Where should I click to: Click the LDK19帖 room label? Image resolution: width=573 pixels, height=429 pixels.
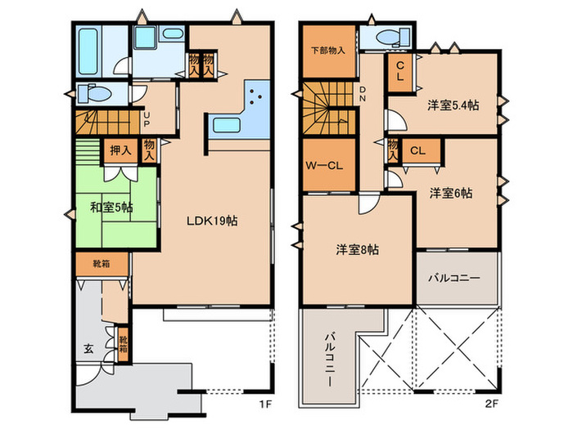(x=212, y=221)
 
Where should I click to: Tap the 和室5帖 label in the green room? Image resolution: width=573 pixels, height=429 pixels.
(x=111, y=208)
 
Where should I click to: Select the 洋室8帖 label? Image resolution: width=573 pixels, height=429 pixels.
(x=357, y=249)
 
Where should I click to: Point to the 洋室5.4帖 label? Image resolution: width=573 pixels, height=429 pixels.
(x=453, y=105)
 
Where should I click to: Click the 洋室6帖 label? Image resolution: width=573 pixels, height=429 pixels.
(x=450, y=193)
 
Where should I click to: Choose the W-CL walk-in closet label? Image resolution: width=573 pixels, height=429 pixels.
(x=324, y=166)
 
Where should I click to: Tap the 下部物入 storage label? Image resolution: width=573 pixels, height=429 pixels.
(x=327, y=51)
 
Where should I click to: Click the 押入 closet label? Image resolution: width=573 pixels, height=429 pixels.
(x=120, y=150)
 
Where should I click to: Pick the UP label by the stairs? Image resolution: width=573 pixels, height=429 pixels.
(x=147, y=119)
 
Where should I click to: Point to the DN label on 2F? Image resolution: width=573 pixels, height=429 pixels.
(x=362, y=94)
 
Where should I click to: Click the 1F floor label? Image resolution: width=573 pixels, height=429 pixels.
(x=265, y=404)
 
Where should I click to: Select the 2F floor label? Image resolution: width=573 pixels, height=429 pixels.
(x=491, y=404)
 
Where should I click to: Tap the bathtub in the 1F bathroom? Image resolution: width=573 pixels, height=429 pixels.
(x=88, y=51)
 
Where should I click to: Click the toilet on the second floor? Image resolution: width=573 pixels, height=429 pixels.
(x=393, y=38)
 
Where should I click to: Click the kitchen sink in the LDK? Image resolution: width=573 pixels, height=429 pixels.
(x=227, y=125)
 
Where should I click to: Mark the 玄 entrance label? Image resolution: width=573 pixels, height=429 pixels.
(x=88, y=349)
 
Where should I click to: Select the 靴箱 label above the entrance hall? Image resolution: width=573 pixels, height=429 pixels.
(x=102, y=264)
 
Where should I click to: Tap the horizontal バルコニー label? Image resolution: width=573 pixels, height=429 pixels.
(x=454, y=278)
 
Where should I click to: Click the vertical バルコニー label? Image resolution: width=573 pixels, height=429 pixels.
(x=330, y=360)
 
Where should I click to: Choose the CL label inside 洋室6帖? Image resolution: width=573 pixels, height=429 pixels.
(x=417, y=150)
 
